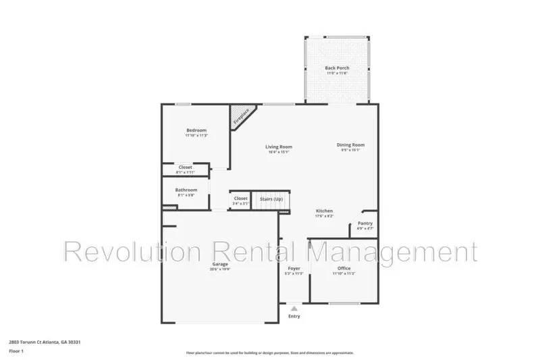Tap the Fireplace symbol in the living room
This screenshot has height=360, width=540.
(241, 116)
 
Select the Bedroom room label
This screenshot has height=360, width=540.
(196, 130)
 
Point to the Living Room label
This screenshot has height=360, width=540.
(278, 147)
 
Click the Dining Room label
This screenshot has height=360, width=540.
(351, 145)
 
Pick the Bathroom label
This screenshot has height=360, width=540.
(186, 190)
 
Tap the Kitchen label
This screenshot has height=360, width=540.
(325, 211)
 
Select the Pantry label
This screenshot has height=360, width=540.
(365, 224)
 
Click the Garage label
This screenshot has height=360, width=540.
(221, 263)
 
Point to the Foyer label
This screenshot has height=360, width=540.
(294, 268)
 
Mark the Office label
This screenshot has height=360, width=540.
(344, 268)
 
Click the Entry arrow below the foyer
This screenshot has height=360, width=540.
(294, 307)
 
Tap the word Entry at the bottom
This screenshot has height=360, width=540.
(294, 316)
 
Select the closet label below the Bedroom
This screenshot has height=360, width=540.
(185, 167)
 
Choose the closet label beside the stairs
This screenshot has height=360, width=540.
(241, 199)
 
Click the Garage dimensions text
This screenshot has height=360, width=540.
(221, 269)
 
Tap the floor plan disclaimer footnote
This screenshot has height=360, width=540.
(269, 353)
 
